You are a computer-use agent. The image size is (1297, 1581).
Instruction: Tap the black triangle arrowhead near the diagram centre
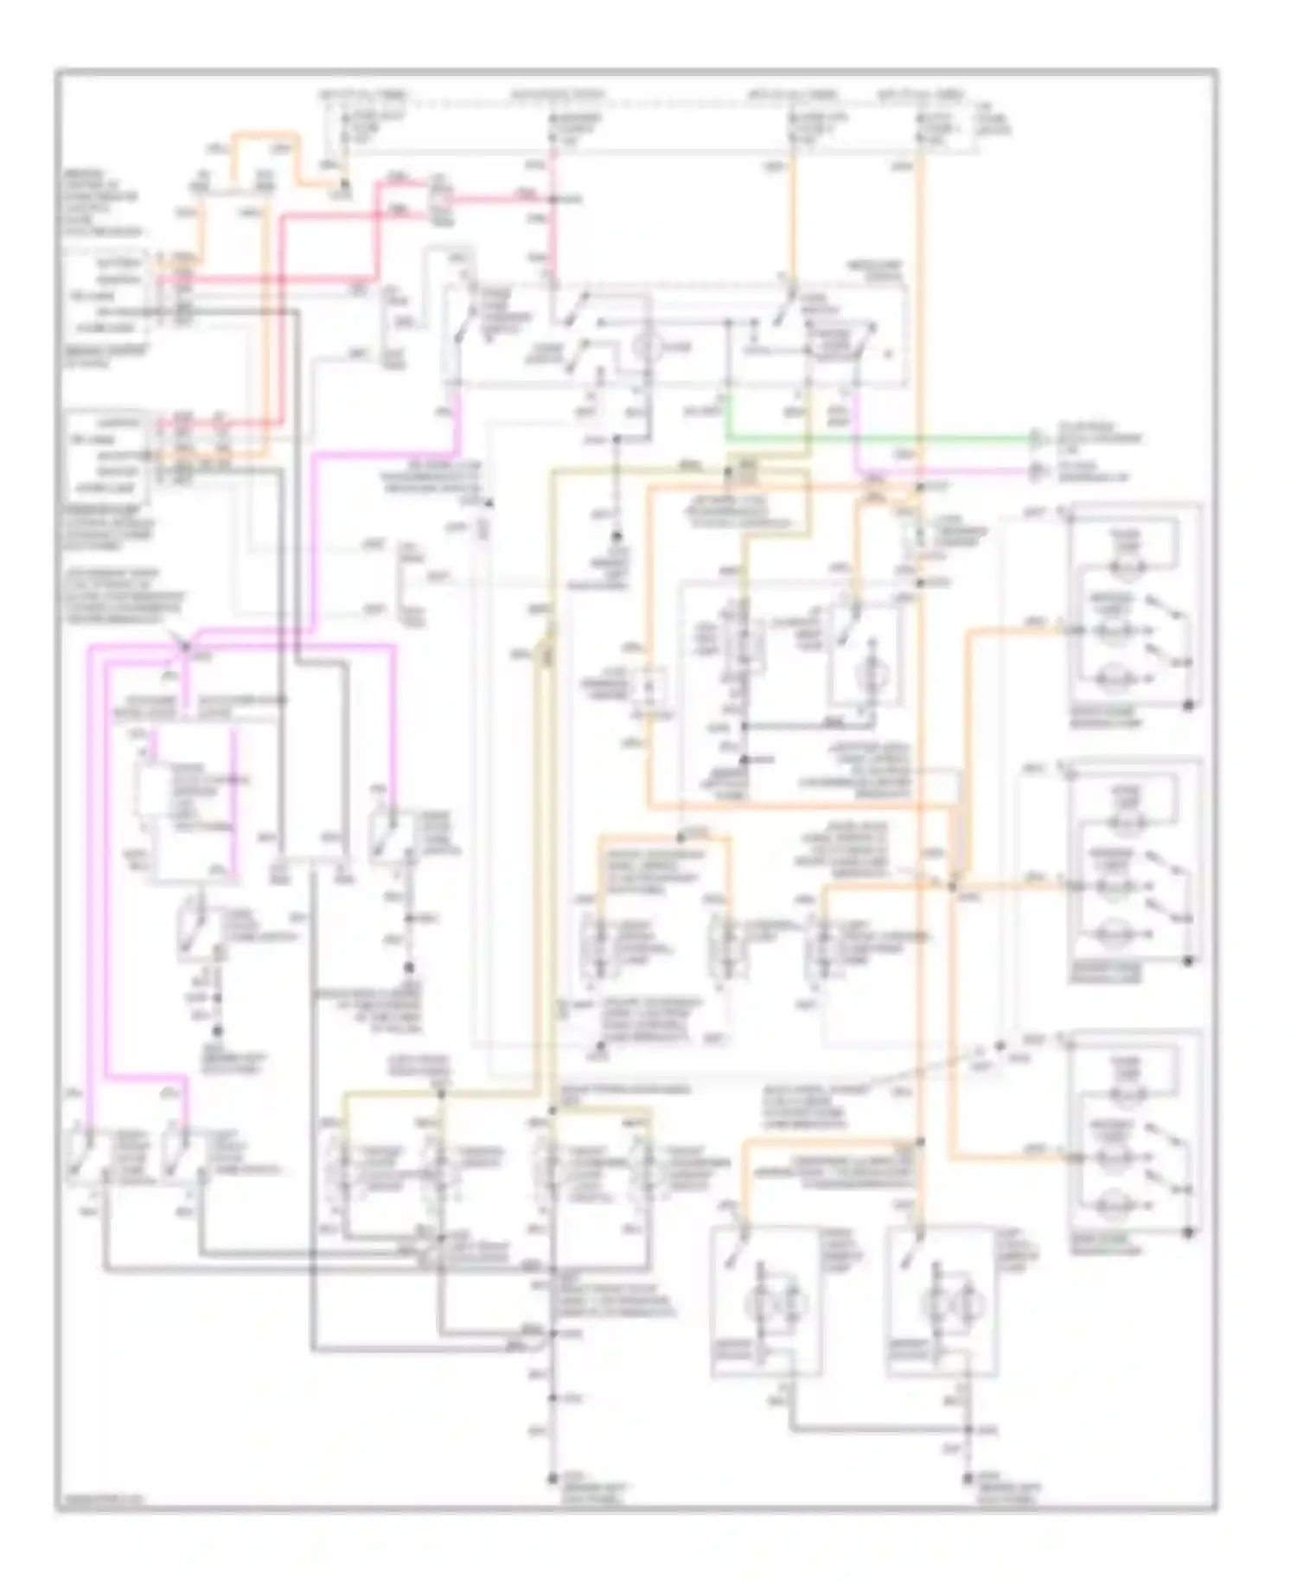(489, 502)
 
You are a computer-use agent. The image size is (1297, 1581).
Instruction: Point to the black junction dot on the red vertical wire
(553, 200)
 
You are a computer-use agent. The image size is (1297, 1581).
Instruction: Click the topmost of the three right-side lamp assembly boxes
(1134, 605)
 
